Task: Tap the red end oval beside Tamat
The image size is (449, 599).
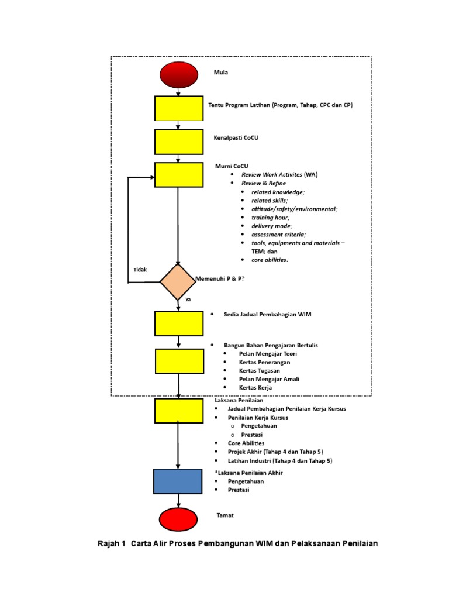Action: (178, 519)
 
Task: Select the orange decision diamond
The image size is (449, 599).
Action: (178, 282)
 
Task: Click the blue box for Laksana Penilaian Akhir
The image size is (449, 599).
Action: (178, 481)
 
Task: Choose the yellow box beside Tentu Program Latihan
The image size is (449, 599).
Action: (179, 108)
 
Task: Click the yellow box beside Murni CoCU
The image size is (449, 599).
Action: (179, 174)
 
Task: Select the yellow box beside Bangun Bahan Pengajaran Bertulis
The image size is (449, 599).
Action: (179, 361)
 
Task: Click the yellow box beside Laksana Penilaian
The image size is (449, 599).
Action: (179, 410)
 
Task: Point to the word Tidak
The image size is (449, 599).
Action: (140, 270)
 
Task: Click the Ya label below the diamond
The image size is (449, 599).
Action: (188, 299)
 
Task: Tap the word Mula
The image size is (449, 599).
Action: (220, 73)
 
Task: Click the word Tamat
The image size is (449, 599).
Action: (225, 516)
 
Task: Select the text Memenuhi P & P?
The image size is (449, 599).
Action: (223, 278)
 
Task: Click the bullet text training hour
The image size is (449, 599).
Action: (270, 217)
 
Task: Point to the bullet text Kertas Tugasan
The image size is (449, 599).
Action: (259, 371)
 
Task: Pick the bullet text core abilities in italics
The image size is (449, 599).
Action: (270, 260)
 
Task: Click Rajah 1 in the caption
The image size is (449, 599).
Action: (111, 543)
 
